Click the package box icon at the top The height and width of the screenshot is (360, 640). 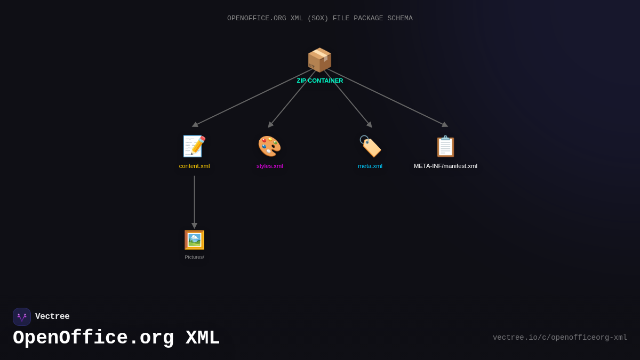click(319, 60)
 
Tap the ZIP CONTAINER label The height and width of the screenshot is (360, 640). click(320, 81)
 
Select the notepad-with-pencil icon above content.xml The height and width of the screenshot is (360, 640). click(194, 146)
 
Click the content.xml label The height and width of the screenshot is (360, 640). click(194, 166)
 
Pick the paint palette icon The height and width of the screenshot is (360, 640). click(269, 146)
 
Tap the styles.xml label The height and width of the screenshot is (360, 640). click(269, 166)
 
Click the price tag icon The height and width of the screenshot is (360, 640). click(370, 146)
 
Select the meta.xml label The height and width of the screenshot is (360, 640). click(370, 166)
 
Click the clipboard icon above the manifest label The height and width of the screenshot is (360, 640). click(445, 146)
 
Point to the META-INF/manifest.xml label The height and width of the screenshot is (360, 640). click(445, 166)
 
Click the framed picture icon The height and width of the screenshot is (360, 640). click(194, 240)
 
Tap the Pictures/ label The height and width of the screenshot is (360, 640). click(194, 257)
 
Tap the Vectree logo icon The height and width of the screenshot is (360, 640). click(22, 317)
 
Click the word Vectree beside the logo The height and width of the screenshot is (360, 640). click(52, 317)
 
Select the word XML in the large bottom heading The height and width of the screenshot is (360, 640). click(202, 338)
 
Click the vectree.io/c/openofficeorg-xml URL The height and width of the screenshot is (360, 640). click(559, 338)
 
